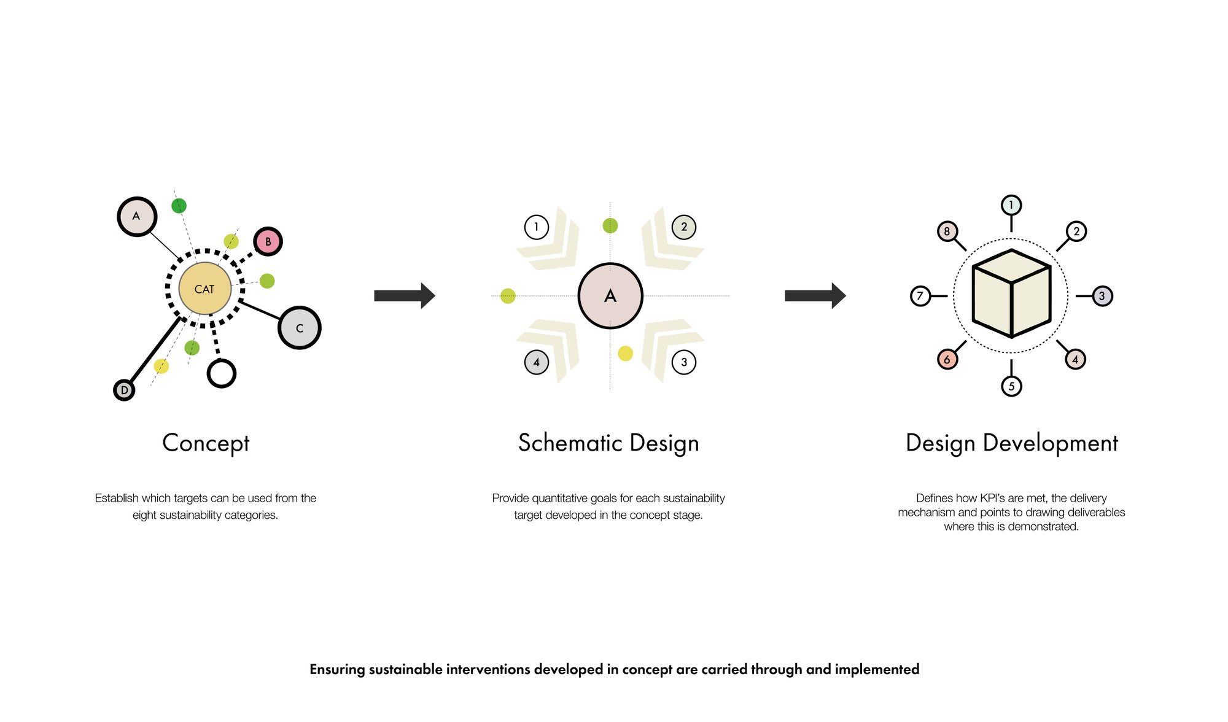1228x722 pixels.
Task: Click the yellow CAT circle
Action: (204, 288)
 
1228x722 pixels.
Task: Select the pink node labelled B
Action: (268, 241)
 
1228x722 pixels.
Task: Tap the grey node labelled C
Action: (299, 328)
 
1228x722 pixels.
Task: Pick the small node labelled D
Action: (124, 390)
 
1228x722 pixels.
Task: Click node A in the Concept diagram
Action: (137, 216)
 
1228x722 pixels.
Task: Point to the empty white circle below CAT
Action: (222, 373)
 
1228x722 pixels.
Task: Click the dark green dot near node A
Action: (179, 206)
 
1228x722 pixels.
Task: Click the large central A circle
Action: (610, 296)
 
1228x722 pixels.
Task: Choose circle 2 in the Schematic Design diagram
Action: (684, 227)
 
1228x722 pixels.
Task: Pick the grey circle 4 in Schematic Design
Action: (537, 362)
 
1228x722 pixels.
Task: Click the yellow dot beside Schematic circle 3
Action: (625, 354)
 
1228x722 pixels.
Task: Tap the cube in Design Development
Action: (1011, 293)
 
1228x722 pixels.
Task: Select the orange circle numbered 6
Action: (947, 359)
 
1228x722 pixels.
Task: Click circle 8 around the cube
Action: (947, 231)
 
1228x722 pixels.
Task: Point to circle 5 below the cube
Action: (1011, 386)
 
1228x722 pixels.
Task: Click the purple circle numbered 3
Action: (1102, 296)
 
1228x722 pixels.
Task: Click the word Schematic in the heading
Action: (570, 443)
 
